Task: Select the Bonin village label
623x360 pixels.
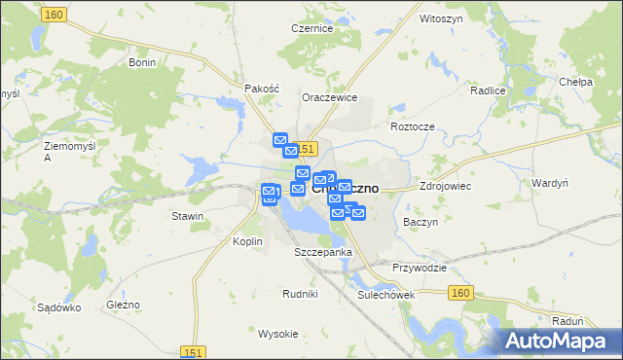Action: pyautogui.click(x=142, y=61)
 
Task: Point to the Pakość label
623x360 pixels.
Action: pyautogui.click(x=263, y=88)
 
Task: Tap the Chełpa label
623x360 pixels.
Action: pyautogui.click(x=576, y=83)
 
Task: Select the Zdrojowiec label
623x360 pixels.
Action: pyautogui.click(x=445, y=185)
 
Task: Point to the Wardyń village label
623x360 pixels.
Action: pyautogui.click(x=550, y=183)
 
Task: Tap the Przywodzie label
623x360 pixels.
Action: pyautogui.click(x=420, y=268)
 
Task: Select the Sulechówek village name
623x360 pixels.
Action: pyautogui.click(x=386, y=294)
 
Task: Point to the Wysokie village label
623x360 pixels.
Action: pyautogui.click(x=277, y=334)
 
